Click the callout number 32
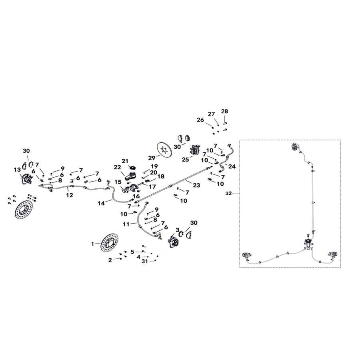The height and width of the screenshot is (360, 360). pyautogui.click(x=228, y=193)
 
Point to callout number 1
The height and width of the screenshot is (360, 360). pyautogui.click(x=92, y=243)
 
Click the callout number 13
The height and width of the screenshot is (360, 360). pyautogui.click(x=17, y=170)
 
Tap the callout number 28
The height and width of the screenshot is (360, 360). pyautogui.click(x=224, y=111)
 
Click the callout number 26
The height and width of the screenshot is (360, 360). pyautogui.click(x=200, y=119)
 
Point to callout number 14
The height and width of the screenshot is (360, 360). pyautogui.click(x=101, y=204)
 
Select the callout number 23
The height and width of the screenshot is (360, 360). pyautogui.click(x=196, y=185)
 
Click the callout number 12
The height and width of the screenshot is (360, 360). pyautogui.click(x=70, y=196)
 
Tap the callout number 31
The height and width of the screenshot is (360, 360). pyautogui.click(x=144, y=262)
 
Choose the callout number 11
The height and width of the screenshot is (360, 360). pyautogui.click(x=126, y=224)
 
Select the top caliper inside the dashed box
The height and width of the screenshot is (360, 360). pyautogui.click(x=295, y=147)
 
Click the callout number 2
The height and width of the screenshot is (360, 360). pyautogui.click(x=110, y=260)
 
